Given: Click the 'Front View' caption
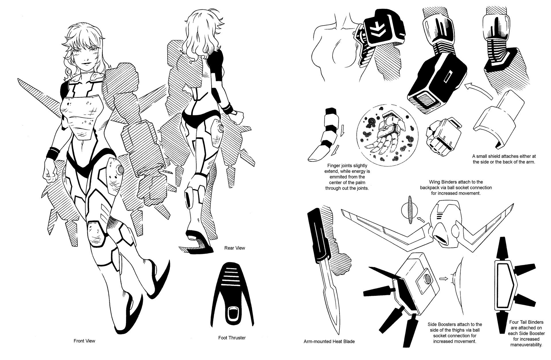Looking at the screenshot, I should pos(84,341).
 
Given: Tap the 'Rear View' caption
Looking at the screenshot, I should pos(234,248).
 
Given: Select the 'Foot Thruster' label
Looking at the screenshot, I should pos(232,338).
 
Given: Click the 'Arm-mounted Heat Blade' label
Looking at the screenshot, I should pos(329,341).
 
